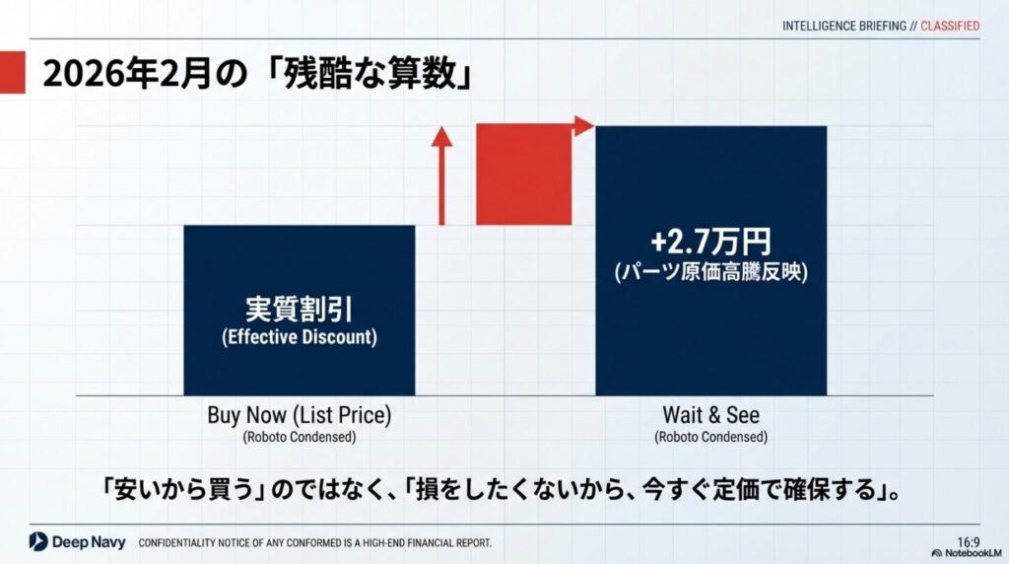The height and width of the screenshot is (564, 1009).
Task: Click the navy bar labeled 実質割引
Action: (300, 311)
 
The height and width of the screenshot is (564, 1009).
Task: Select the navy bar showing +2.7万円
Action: (711, 260)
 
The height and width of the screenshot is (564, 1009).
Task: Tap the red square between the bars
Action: (524, 175)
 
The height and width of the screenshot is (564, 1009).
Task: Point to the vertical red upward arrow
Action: (441, 176)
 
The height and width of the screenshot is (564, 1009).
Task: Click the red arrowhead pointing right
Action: (583, 126)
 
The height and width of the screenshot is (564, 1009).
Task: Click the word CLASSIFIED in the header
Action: (950, 26)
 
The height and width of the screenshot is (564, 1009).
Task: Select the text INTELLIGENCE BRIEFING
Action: (844, 26)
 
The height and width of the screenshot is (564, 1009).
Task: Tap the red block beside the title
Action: (12, 72)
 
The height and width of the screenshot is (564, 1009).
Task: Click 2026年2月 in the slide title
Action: (127, 73)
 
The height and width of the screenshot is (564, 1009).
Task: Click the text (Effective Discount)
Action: (300, 337)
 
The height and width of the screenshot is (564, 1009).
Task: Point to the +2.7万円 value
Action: (710, 242)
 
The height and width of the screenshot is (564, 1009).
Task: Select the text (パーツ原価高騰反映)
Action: (711, 272)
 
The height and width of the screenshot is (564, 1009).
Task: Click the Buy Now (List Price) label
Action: (300, 415)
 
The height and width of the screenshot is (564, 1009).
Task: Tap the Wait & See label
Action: (711, 415)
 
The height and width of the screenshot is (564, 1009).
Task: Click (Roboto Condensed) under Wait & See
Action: (711, 437)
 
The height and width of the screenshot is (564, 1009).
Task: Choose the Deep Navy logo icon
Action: (38, 541)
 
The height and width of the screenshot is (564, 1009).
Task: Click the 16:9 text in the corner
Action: (969, 542)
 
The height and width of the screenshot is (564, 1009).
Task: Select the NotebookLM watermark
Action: (967, 553)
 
